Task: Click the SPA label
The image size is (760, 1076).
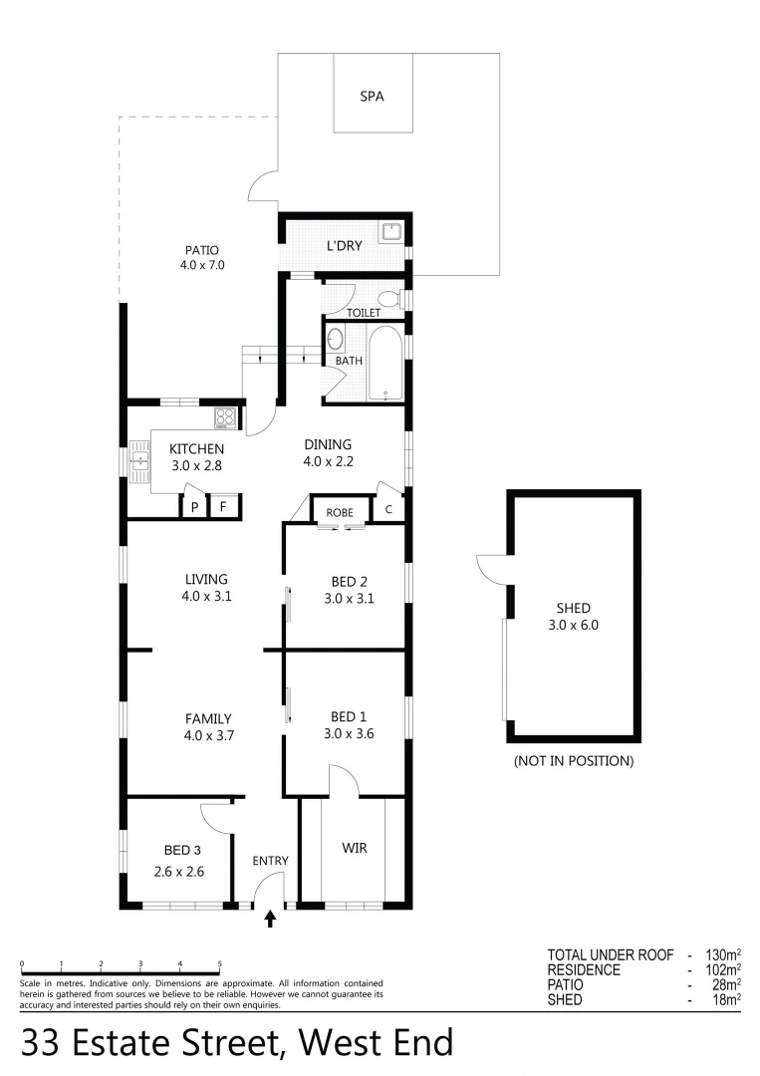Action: (372, 97)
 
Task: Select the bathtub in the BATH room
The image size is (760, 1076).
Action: (384, 363)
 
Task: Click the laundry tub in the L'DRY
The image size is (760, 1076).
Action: (393, 232)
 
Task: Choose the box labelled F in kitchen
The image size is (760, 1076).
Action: (223, 506)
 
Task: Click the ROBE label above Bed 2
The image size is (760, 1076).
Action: (340, 512)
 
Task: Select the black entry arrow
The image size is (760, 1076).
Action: (270, 919)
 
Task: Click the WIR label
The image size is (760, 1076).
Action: (355, 848)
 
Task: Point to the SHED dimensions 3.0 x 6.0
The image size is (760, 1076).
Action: (574, 626)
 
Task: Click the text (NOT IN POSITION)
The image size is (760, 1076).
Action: (574, 761)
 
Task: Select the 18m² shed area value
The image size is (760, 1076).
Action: (724, 999)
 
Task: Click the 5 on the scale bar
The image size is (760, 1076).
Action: (219, 964)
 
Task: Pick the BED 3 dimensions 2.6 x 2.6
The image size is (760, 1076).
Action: (179, 871)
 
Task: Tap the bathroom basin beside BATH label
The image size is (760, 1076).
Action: (335, 339)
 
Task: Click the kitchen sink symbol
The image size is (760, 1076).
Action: (138, 460)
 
